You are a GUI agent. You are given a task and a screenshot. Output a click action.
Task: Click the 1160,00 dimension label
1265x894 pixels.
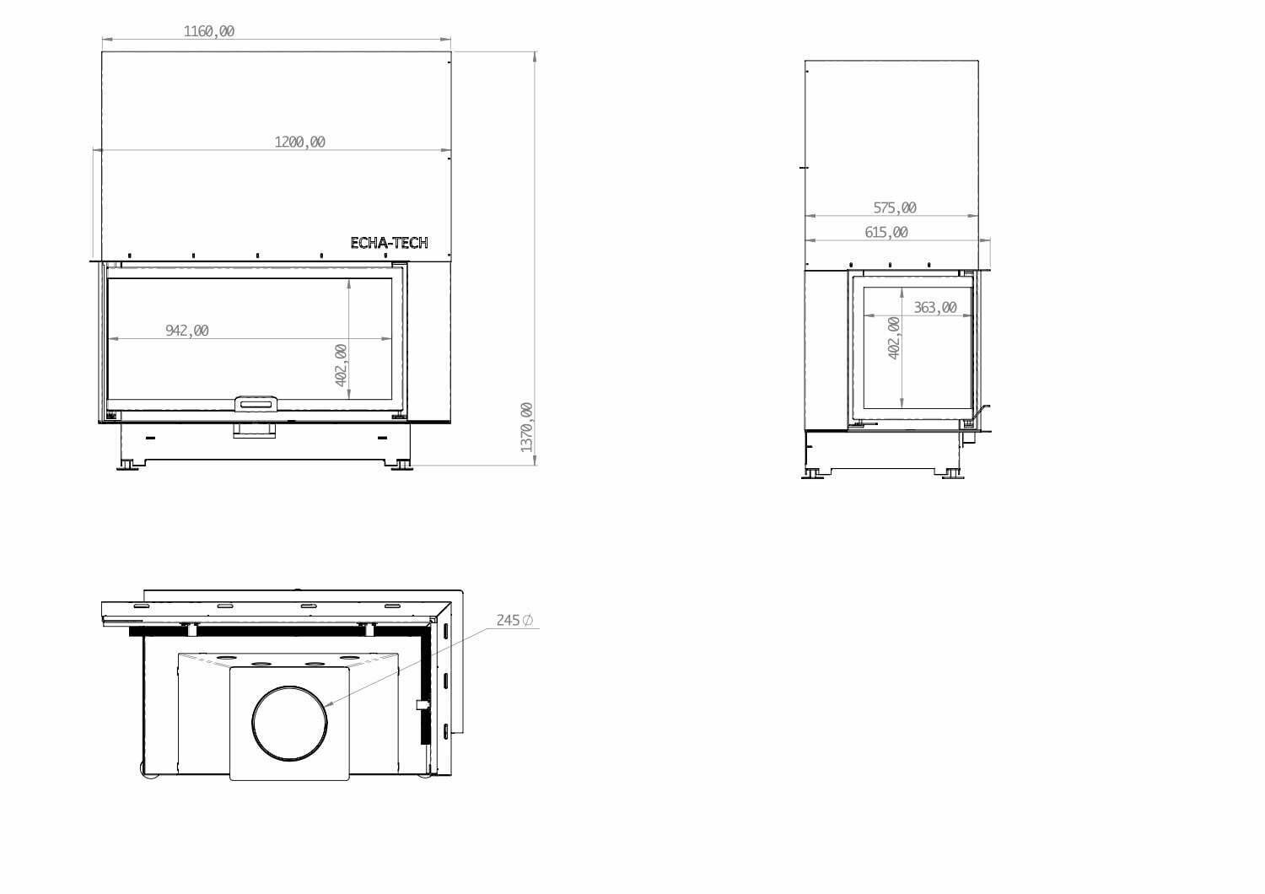pos(209,31)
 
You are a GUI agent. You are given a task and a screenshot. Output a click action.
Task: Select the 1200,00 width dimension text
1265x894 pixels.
pos(300,142)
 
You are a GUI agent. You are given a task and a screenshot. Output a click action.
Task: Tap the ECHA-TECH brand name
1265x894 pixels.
pos(389,243)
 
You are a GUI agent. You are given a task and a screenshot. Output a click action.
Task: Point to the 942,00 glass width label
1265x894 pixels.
pos(187,331)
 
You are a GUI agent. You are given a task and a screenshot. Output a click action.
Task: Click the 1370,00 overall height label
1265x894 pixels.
pos(526,427)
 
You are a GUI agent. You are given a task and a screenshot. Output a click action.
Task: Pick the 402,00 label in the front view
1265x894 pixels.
pos(341,365)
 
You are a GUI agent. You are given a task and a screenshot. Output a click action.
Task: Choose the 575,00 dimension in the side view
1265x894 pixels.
pos(895,207)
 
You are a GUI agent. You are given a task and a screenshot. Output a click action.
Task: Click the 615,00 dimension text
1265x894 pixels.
pos(886,232)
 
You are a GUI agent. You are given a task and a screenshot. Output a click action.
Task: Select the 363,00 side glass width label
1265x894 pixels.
pos(935,307)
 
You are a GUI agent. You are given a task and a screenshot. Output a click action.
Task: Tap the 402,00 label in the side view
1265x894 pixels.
pos(894,337)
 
